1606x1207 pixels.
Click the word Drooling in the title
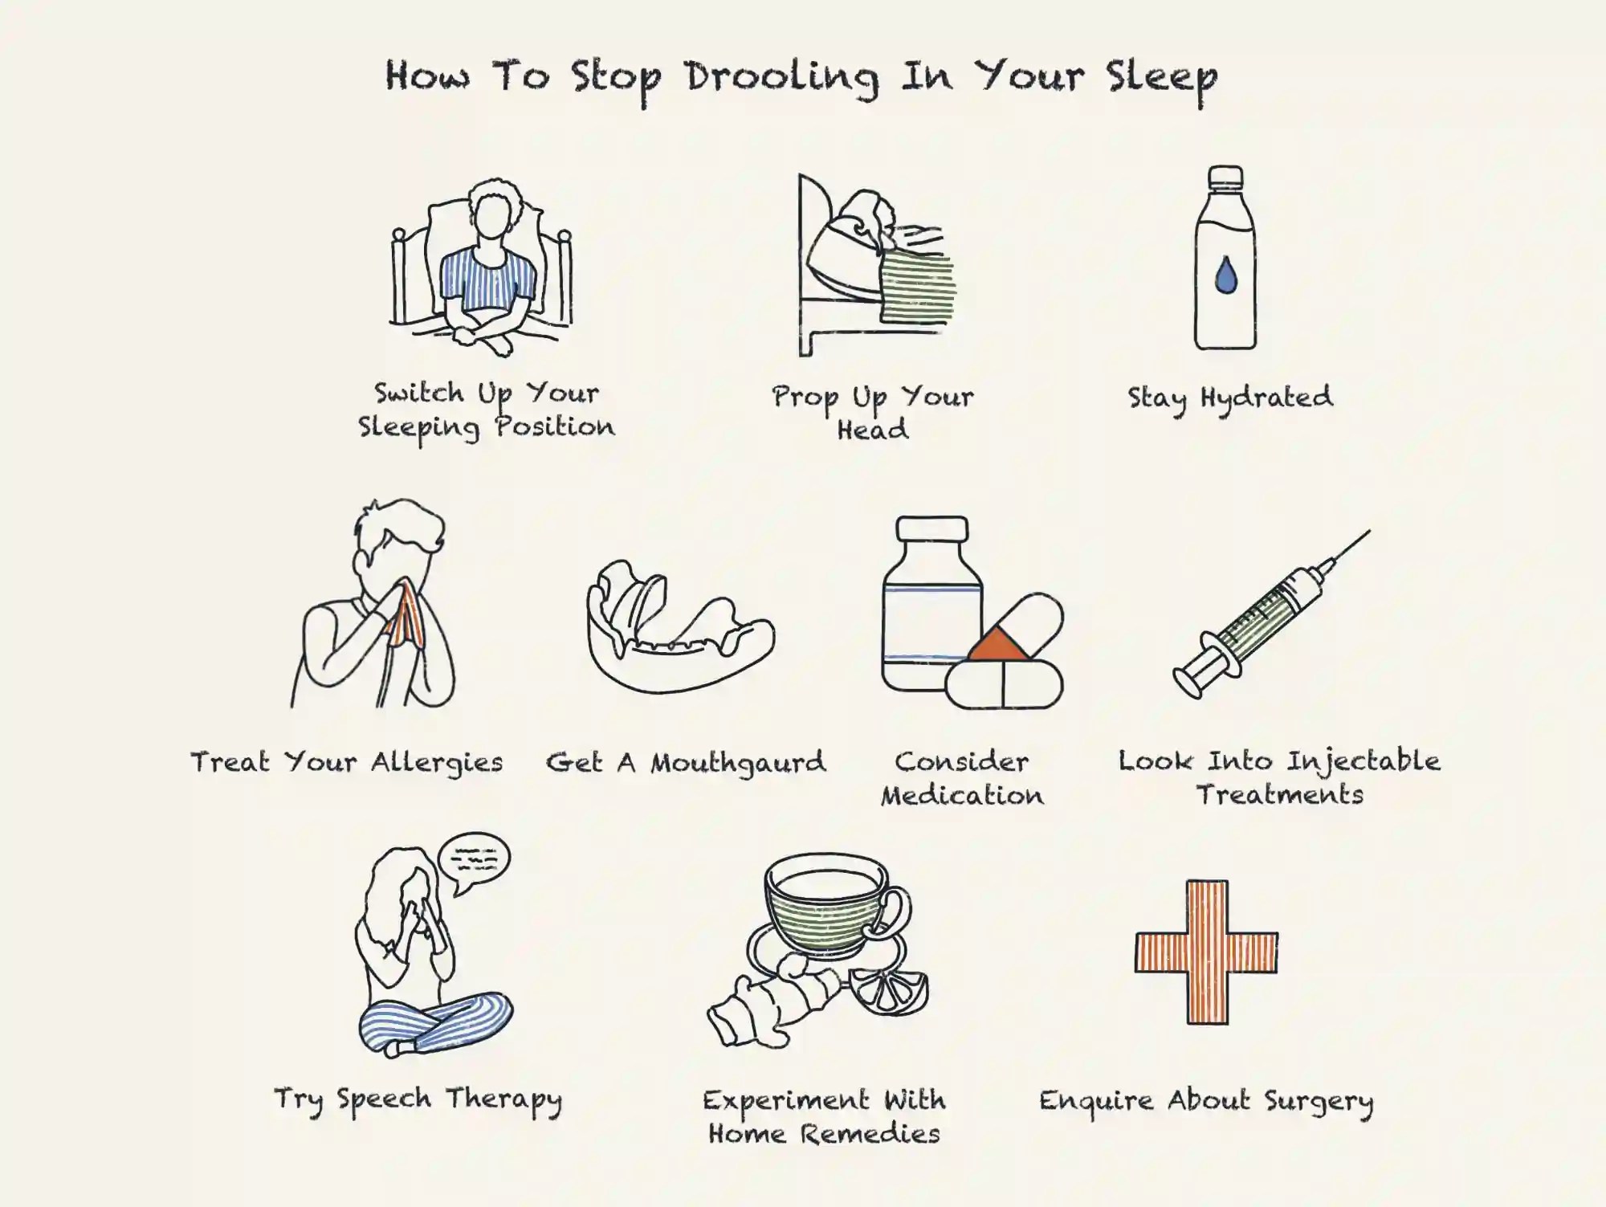(781, 78)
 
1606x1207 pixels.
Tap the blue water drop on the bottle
(1225, 275)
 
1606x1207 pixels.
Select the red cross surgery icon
(1207, 952)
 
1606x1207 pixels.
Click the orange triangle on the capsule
(998, 646)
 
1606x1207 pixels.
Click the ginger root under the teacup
(771, 1000)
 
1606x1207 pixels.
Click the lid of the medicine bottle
(931, 530)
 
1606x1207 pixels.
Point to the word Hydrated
(1266, 397)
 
